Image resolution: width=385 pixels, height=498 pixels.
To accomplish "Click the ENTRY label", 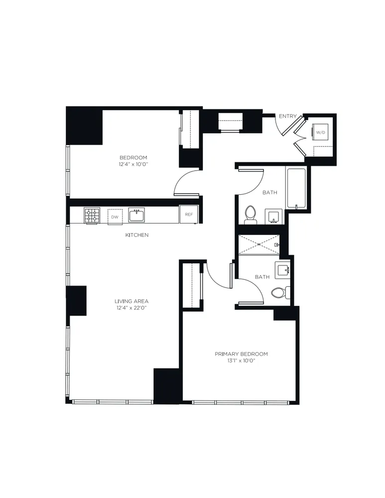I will coord(287,117).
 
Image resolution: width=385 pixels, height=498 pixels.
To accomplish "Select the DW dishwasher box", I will coord(115,217).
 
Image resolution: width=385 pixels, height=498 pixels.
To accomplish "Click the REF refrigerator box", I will coord(189,215).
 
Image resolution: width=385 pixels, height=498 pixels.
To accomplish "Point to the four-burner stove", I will coord(91,216).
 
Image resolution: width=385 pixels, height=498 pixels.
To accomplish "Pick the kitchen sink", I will coord(136,216).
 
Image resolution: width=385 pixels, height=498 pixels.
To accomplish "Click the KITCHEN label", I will coord(136,235).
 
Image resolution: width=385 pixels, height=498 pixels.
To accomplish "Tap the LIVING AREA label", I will coord(131,301).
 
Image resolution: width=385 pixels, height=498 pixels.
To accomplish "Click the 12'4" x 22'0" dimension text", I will coord(131,308).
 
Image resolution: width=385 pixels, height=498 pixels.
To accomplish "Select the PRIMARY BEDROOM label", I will coord(241,354).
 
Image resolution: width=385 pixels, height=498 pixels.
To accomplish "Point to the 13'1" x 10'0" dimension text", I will coord(241,361).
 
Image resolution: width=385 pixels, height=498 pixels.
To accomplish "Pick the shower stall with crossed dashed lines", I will coord(259,244).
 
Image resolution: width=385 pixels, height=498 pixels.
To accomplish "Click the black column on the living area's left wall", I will coord(77,300).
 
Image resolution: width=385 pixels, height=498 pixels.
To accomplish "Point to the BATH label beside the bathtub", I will coord(269,192).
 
